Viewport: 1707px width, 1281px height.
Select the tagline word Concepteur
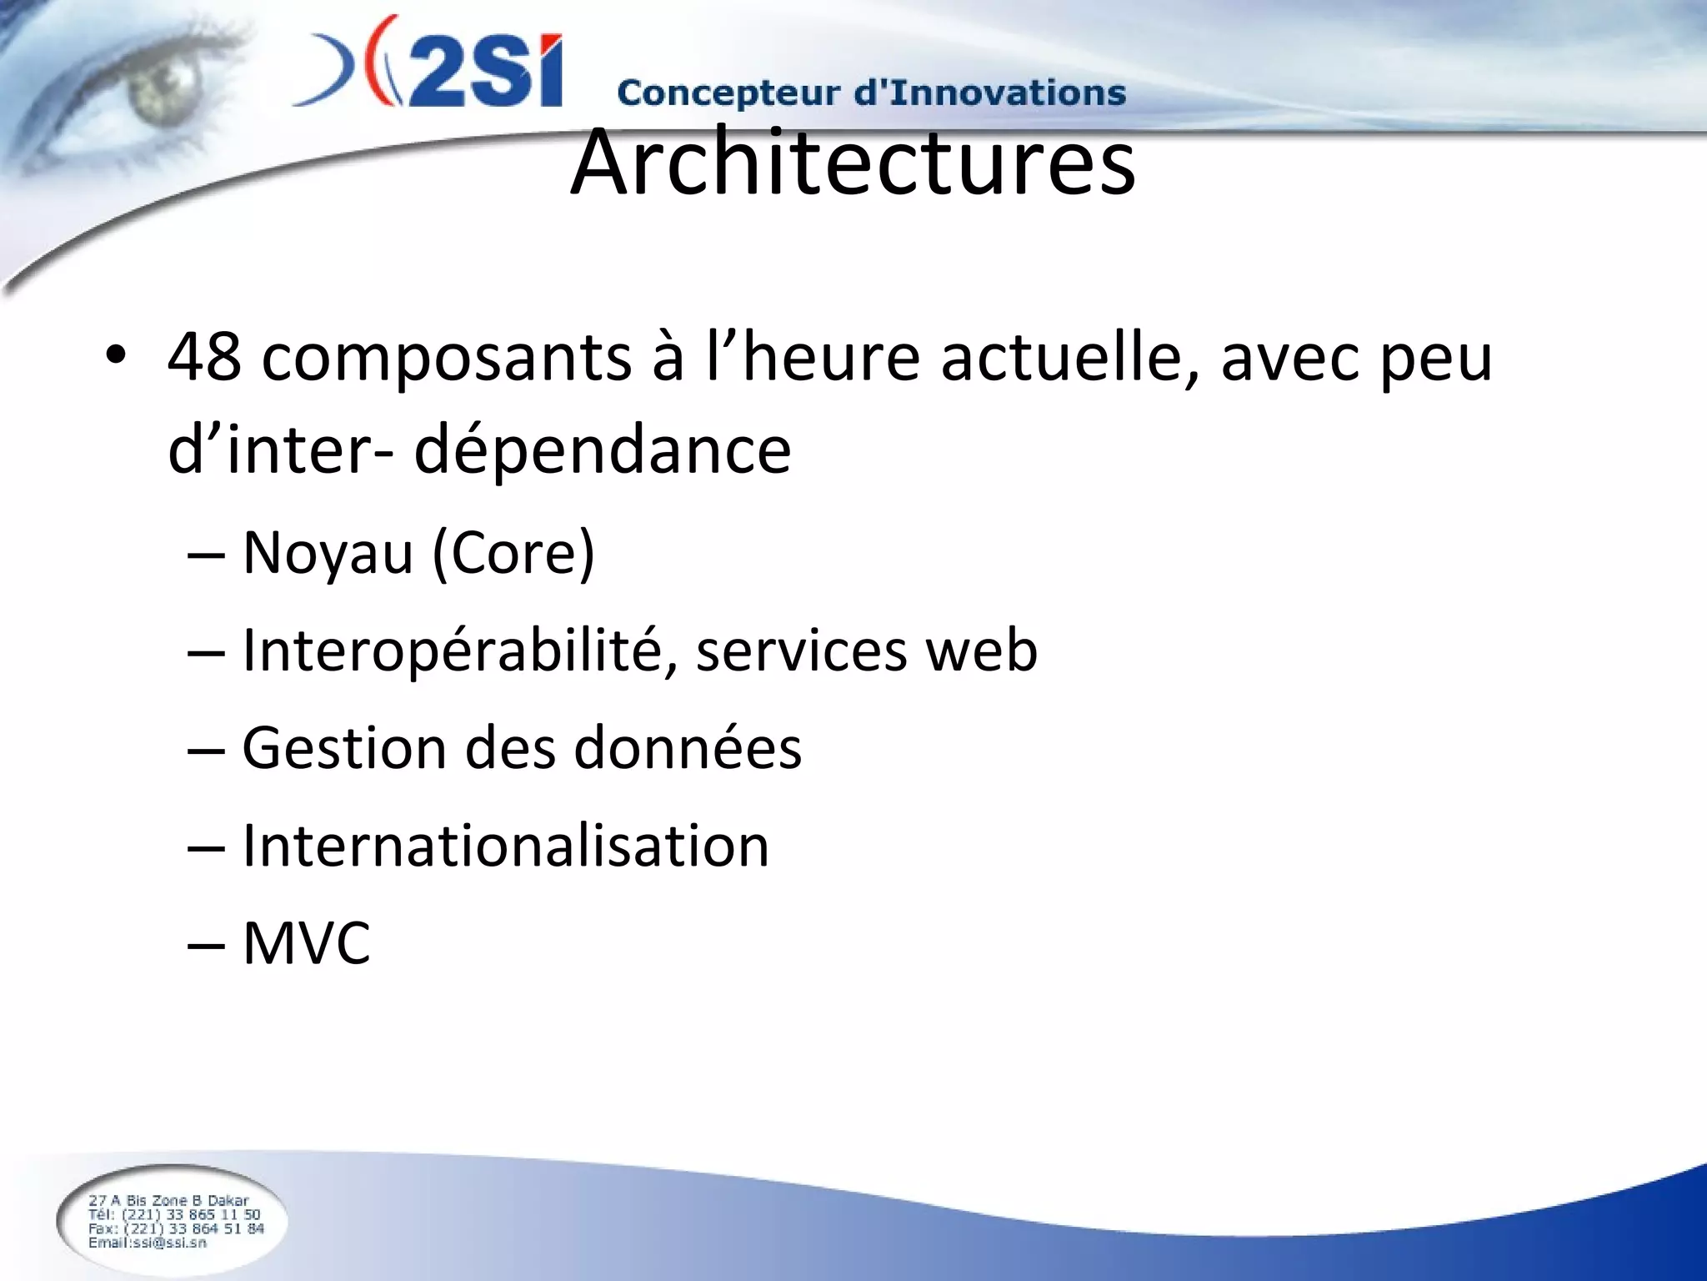coord(728,93)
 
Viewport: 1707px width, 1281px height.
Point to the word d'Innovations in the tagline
coord(990,92)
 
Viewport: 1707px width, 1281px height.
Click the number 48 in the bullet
coord(204,358)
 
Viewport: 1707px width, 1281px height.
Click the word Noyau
coord(328,553)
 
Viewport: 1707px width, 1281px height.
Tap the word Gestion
coord(343,747)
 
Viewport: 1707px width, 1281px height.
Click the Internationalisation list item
coord(505,846)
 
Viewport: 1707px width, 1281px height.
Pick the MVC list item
coord(306,943)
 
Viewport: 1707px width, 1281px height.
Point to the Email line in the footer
coord(148,1243)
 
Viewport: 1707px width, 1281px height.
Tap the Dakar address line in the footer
coord(168,1200)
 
